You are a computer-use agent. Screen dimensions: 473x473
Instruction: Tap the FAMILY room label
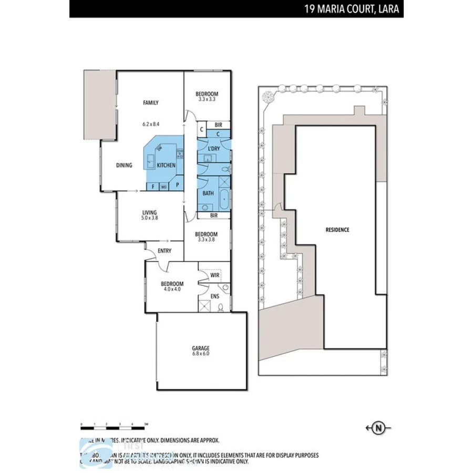(x=151, y=103)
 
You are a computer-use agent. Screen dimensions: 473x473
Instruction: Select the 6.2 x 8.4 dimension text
(x=151, y=125)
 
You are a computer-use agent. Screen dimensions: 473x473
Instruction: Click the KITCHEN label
(x=166, y=166)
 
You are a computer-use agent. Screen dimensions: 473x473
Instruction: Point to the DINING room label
(x=124, y=166)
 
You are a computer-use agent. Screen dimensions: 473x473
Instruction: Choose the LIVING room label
(x=149, y=212)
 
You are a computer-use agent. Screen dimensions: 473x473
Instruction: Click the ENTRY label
(x=164, y=251)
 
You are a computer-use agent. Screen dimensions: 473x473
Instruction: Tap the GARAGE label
(x=200, y=348)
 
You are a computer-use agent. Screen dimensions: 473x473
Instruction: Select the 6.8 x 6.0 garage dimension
(x=200, y=354)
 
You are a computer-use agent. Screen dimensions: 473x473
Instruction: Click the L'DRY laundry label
(x=213, y=149)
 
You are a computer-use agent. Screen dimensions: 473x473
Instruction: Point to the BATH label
(x=208, y=193)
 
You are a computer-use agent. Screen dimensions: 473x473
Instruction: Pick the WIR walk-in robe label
(x=214, y=274)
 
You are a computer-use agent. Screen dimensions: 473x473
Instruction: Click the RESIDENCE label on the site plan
(x=337, y=230)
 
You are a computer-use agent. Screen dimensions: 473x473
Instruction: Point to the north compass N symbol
(x=378, y=428)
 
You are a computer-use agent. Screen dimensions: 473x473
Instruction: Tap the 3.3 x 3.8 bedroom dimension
(x=206, y=240)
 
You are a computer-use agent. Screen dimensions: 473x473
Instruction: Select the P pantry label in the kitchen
(x=177, y=185)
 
